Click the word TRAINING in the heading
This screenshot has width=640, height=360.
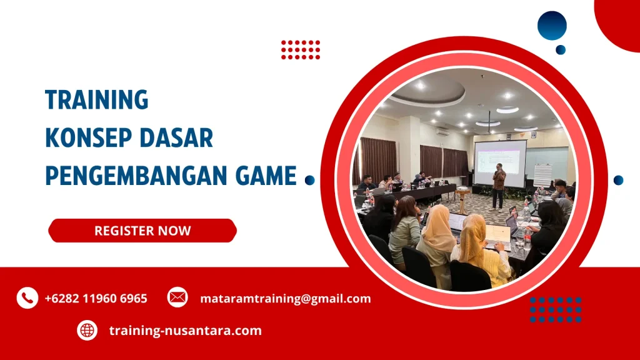97,100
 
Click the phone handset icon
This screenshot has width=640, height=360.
27,298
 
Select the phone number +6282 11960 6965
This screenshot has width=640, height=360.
96,299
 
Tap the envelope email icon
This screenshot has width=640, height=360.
177,298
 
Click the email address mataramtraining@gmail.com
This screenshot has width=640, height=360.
285,299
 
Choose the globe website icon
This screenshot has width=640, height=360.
87,330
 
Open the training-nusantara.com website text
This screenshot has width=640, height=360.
185,331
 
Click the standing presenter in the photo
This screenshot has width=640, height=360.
498,185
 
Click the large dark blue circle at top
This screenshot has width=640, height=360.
552,26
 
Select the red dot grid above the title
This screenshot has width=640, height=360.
301,49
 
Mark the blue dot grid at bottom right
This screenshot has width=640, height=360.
556,309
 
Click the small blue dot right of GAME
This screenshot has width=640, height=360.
309,180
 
